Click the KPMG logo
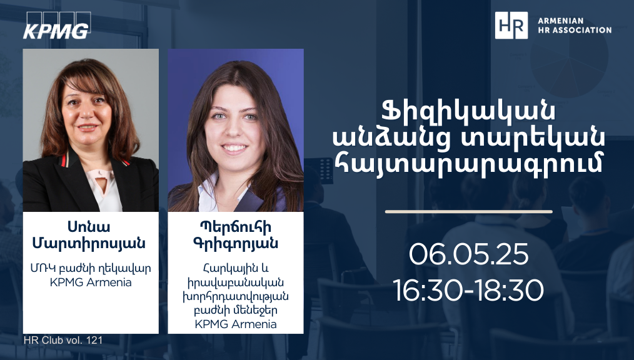[x=57, y=26]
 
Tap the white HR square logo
[x=511, y=25]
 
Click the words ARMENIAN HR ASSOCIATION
[x=575, y=25]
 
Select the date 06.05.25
[x=469, y=254]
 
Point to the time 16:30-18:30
[x=469, y=290]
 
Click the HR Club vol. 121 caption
[x=63, y=340]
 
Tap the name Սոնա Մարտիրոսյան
[x=89, y=235]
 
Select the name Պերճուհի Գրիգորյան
[x=236, y=235]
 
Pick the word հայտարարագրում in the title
[x=469, y=163]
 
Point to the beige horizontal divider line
[x=469, y=211]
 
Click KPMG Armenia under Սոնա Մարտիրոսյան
[x=91, y=282]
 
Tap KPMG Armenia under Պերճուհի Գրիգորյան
[x=236, y=324]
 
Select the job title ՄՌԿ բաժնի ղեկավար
[x=91, y=269]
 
